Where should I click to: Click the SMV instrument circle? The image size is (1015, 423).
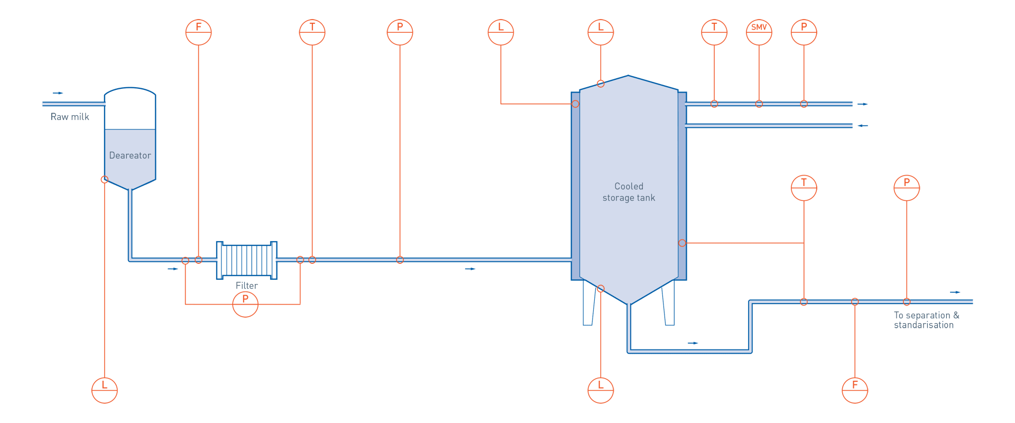(x=759, y=32)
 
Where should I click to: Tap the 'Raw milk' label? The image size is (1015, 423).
(x=70, y=117)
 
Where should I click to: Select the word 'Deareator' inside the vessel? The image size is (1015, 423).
(x=130, y=155)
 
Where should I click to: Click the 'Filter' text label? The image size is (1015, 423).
(x=247, y=286)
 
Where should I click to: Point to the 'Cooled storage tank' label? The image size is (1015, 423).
(x=629, y=192)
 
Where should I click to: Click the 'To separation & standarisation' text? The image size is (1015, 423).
(x=926, y=320)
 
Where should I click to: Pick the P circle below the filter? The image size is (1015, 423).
(x=245, y=304)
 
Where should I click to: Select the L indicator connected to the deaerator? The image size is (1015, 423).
(x=105, y=390)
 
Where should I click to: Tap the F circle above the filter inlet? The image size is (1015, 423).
(x=199, y=32)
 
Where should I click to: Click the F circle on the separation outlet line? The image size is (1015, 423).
(x=855, y=390)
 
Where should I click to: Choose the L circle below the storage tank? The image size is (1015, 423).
(x=601, y=390)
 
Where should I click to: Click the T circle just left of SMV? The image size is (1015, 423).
(x=714, y=32)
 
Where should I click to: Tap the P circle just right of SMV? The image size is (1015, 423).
(x=804, y=32)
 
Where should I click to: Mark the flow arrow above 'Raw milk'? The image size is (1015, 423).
(x=58, y=93)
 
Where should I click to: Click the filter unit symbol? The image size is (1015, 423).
(x=247, y=260)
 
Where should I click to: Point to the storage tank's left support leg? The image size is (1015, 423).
(x=588, y=302)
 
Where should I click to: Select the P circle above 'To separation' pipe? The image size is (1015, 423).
(x=907, y=188)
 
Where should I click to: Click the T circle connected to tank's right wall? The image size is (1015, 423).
(x=804, y=188)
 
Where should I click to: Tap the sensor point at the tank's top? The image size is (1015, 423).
(x=601, y=84)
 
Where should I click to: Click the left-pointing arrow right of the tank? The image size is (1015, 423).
(x=863, y=126)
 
